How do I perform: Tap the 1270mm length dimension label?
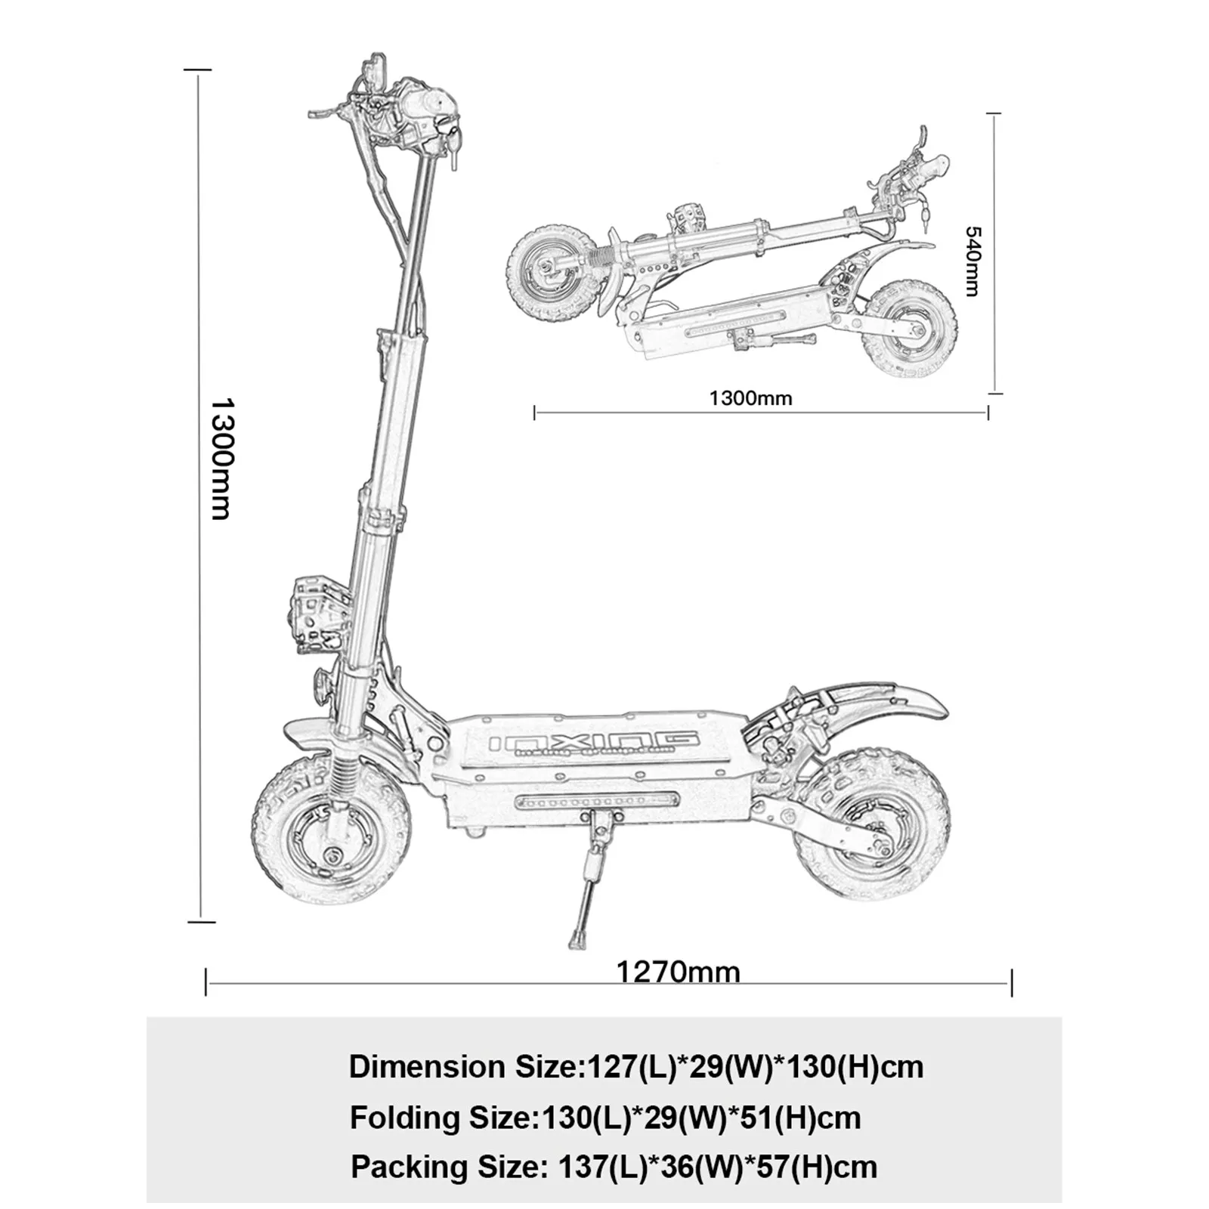[x=678, y=971]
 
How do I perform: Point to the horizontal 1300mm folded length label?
[x=750, y=397]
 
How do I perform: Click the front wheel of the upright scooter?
[x=332, y=832]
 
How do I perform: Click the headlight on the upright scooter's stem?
[x=317, y=616]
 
